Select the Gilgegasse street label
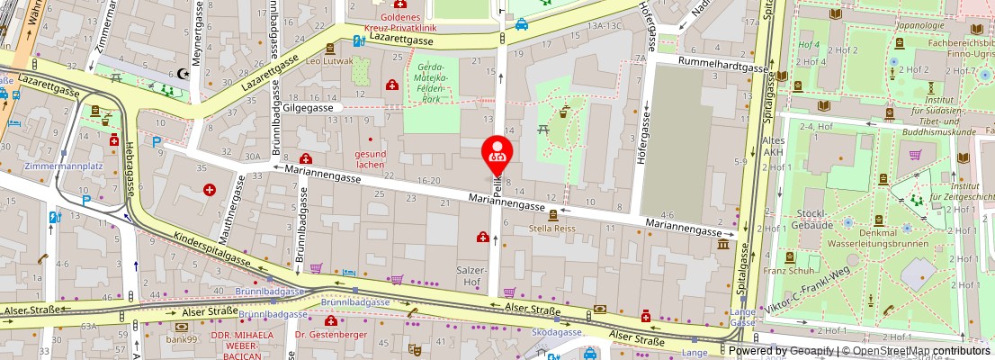coord(307,107)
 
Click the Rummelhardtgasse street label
coord(711,67)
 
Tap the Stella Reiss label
coord(553,229)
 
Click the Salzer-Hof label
coord(473,275)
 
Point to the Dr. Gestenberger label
coord(326,334)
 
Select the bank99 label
coord(193,338)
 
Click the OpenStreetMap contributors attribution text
coord(915,351)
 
